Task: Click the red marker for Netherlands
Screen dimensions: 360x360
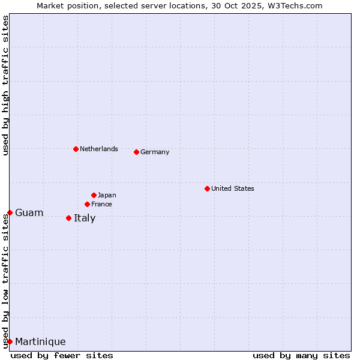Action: pyautogui.click(x=76, y=149)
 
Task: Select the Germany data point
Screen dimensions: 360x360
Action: pyautogui.click(x=136, y=152)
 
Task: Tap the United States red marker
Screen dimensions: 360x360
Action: pyautogui.click(x=207, y=188)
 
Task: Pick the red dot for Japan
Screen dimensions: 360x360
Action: pyautogui.click(x=94, y=195)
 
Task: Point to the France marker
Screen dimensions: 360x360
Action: pyautogui.click(x=87, y=204)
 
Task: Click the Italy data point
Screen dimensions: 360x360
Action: pyautogui.click(x=68, y=218)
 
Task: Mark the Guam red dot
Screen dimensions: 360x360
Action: pyautogui.click(x=10, y=212)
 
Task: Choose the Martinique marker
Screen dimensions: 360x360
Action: pyautogui.click(x=10, y=341)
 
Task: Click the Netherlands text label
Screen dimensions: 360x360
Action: pyautogui.click(x=99, y=149)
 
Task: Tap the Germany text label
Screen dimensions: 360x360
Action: pyautogui.click(x=155, y=152)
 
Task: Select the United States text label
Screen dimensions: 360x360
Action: pyautogui.click(x=233, y=188)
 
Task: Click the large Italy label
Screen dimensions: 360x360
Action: pyautogui.click(x=85, y=218)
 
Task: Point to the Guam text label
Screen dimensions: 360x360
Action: pyautogui.click(x=29, y=212)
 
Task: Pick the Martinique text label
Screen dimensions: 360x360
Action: pyautogui.click(x=40, y=341)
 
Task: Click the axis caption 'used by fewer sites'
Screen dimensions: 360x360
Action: pyautogui.click(x=62, y=355)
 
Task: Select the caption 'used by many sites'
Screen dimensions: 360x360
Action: pyautogui.click(x=301, y=355)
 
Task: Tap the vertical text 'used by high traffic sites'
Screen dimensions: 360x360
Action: pyautogui.click(x=5, y=85)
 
